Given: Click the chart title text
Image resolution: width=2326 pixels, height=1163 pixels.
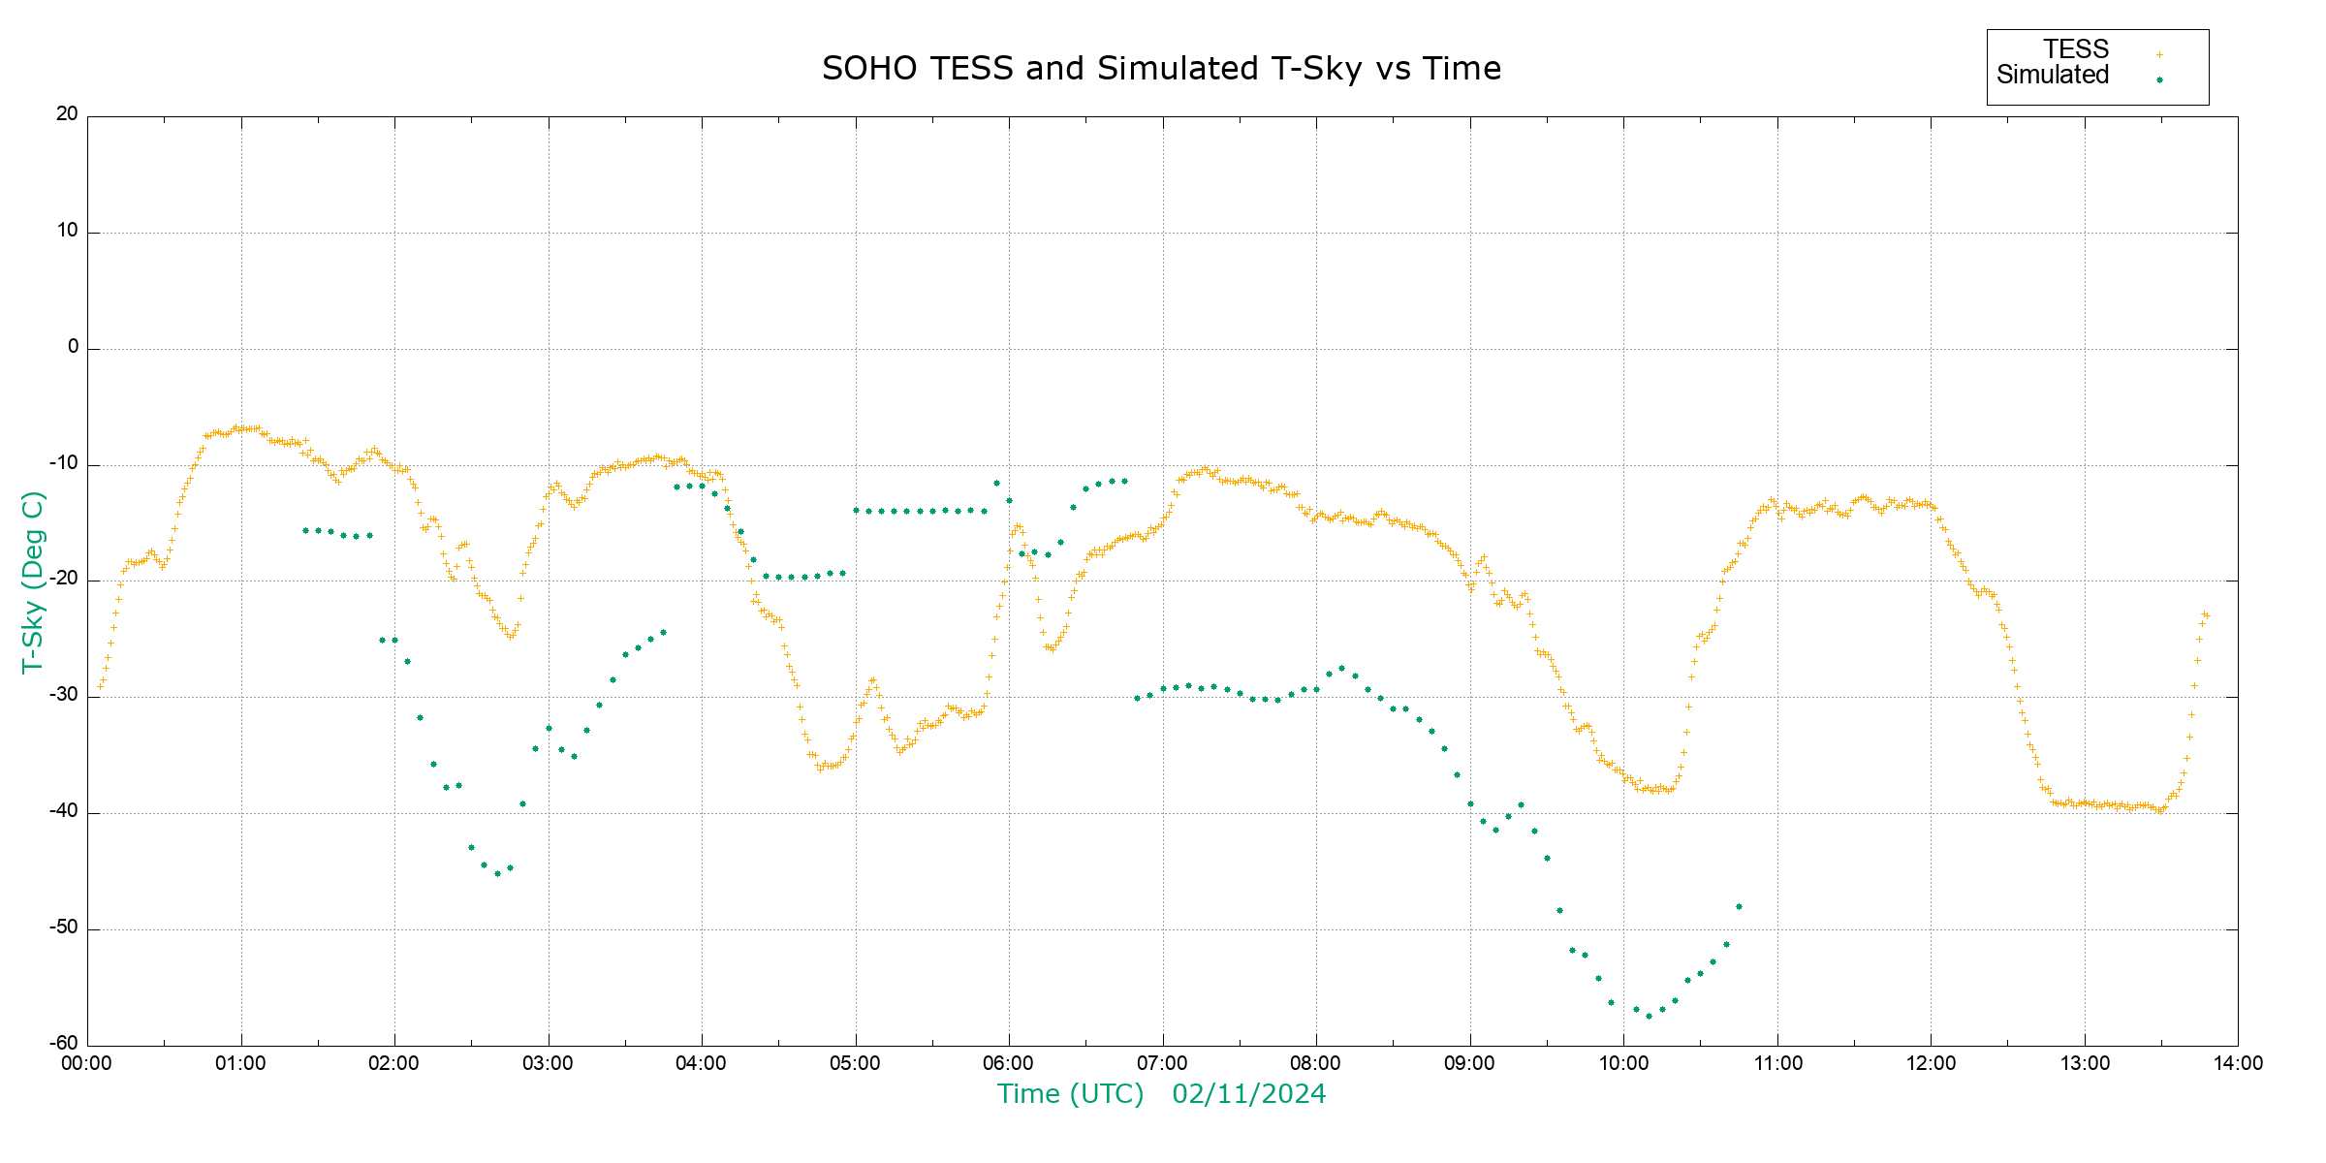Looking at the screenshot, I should point(1161,69).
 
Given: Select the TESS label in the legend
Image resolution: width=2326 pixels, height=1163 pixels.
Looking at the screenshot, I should point(2076,49).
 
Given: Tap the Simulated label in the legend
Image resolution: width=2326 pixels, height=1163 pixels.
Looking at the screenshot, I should point(2053,76).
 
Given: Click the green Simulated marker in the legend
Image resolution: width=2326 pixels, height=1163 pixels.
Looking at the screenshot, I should point(2159,79).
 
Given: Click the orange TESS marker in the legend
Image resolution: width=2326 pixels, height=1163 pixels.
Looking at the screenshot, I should point(2159,54).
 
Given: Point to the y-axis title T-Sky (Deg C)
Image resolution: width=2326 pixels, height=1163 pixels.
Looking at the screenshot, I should point(33,581).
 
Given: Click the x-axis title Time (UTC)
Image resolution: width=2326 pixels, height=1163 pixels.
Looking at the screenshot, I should point(1070,1094).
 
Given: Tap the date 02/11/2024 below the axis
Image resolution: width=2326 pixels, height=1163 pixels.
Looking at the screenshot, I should point(1248,1094).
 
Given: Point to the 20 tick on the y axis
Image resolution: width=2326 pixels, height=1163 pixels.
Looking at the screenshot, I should point(67,114).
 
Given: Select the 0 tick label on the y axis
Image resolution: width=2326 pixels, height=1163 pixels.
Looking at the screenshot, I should point(73,347).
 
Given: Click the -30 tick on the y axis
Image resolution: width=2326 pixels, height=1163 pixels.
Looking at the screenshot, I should point(64,696).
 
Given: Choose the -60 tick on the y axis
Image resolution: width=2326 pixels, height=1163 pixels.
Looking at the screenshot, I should point(64,1044).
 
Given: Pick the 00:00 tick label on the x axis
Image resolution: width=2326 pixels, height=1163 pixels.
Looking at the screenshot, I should point(87,1063).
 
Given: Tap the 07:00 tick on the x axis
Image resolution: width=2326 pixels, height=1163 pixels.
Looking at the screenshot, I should point(1163,1063).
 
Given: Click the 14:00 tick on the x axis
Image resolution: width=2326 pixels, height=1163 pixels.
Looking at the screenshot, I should point(2238,1063).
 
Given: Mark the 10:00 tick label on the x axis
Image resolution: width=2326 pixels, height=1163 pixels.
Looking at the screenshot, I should point(1623,1063).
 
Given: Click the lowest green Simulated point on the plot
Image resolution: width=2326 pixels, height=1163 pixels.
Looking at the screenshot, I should point(1649,1016).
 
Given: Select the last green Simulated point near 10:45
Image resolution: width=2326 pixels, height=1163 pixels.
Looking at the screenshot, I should point(1739,907).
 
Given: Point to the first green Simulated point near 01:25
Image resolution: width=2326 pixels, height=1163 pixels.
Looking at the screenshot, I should point(305,530).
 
